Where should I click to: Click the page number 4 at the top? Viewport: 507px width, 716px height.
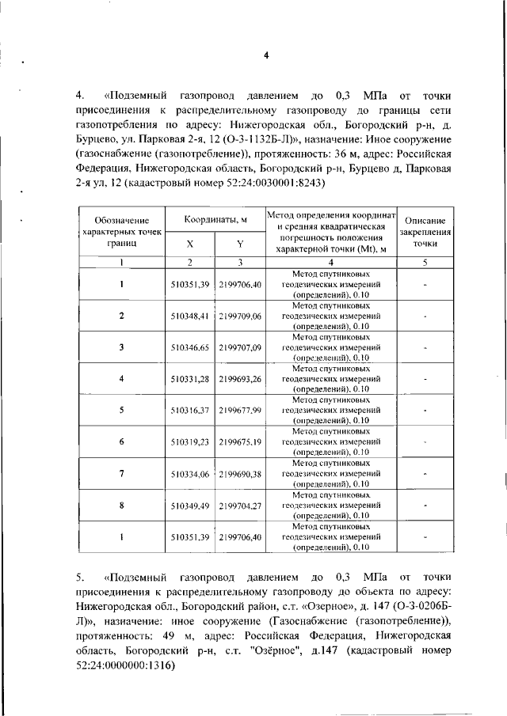pyautogui.click(x=266, y=55)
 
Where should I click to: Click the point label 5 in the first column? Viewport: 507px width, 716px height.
pyautogui.click(x=121, y=411)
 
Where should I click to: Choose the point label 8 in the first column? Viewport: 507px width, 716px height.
pyautogui.click(x=121, y=506)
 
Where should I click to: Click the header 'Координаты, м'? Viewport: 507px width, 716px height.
pyautogui.click(x=216, y=219)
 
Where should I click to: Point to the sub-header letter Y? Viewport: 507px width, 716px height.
pyautogui.click(x=240, y=244)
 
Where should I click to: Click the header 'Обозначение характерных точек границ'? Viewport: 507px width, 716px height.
pyautogui.click(x=121, y=232)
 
